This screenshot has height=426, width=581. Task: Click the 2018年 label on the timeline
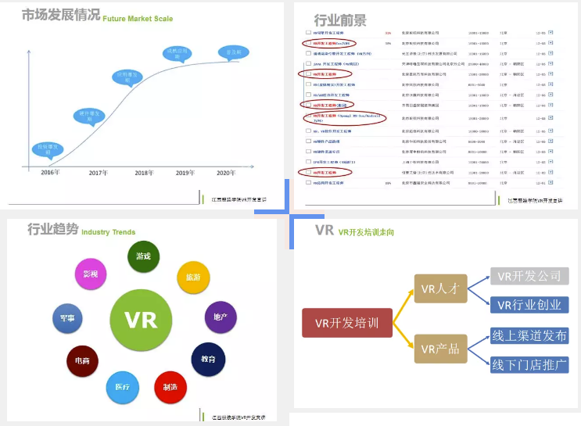[143, 173]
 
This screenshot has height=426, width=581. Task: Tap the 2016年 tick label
[49, 173]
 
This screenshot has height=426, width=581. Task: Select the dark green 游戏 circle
[144, 256]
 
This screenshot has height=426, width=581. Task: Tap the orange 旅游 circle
[193, 277]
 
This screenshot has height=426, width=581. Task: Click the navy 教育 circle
[208, 359]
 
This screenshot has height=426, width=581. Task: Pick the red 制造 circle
[170, 386]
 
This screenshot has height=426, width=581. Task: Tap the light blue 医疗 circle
[122, 387]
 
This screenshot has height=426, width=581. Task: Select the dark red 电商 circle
[82, 361]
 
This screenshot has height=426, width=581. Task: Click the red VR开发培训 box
[346, 323]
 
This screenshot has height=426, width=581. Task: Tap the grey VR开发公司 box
[529, 276]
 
